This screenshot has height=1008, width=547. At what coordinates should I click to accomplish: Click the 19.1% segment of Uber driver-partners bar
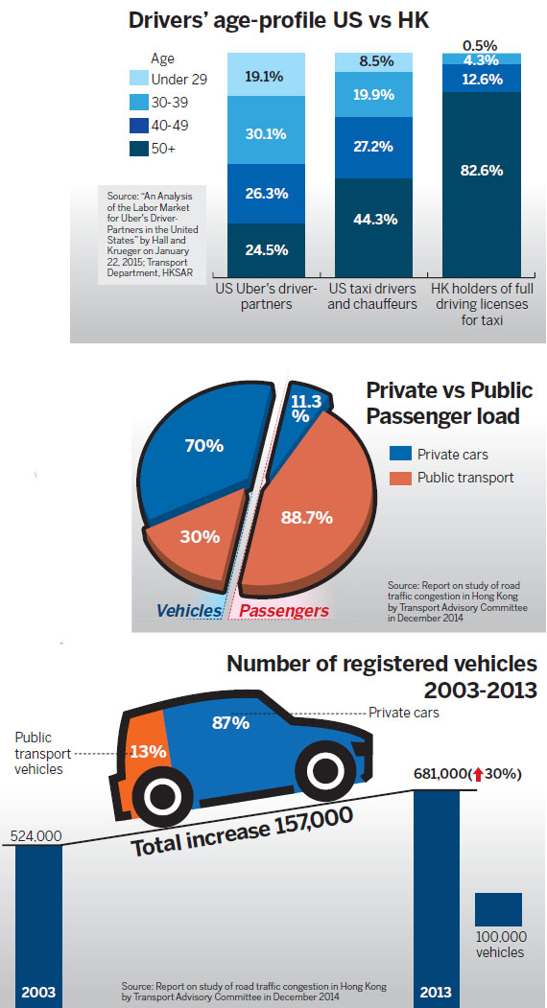(x=266, y=75)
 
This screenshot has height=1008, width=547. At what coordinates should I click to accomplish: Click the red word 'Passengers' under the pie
(x=283, y=611)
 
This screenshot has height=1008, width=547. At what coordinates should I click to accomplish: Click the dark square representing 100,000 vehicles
(x=499, y=908)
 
